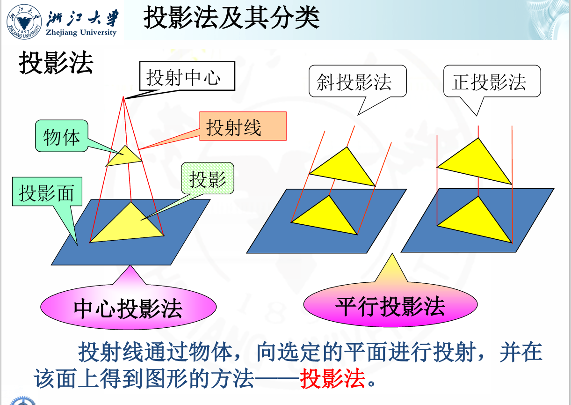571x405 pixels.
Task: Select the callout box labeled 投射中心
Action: [x=186, y=77]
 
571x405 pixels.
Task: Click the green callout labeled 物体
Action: [x=61, y=137]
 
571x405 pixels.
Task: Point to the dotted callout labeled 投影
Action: [x=207, y=178]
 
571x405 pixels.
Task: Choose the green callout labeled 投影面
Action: [x=47, y=191]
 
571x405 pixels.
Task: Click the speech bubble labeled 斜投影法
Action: [x=357, y=81]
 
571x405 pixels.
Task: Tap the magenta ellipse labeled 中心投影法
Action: [x=128, y=308]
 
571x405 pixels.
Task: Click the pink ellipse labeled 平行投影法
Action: [x=390, y=305]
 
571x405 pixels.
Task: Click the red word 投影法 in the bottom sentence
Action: [x=332, y=378]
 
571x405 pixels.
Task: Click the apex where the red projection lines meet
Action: [x=124, y=97]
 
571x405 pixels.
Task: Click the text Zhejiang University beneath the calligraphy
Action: [x=81, y=33]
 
